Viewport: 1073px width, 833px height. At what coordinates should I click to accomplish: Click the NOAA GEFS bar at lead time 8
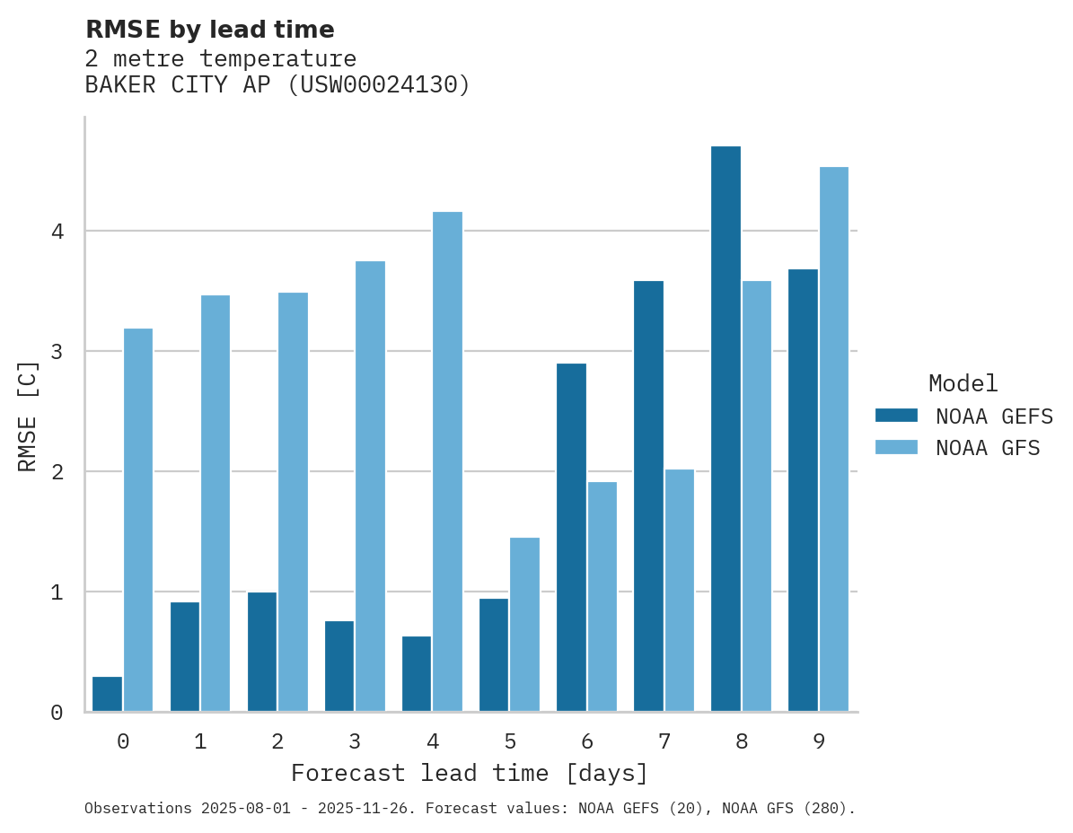(x=726, y=429)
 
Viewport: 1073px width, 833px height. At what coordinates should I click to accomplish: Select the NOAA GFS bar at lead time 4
(x=447, y=461)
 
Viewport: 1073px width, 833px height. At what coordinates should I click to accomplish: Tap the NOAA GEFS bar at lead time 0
(x=107, y=694)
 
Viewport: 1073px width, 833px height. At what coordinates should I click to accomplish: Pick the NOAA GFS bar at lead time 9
(x=833, y=439)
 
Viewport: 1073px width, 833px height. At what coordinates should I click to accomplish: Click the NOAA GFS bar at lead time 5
(x=524, y=625)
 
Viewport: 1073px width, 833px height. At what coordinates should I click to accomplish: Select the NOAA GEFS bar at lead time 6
(x=571, y=537)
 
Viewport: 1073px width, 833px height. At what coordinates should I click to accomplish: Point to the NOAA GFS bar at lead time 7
(x=679, y=590)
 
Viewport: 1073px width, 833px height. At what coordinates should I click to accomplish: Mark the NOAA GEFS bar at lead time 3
(x=339, y=666)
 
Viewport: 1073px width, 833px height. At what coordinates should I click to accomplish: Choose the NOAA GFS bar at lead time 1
(x=215, y=503)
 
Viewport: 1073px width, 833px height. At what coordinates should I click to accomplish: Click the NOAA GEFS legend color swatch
(x=896, y=416)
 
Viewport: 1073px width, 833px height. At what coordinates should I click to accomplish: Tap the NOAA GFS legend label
(x=988, y=448)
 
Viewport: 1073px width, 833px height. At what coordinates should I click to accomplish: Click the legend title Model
(x=963, y=383)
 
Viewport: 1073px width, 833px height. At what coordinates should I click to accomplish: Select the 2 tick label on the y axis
(x=57, y=472)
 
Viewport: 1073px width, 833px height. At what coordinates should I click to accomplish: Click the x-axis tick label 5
(x=510, y=741)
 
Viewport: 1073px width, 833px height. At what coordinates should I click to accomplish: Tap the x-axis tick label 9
(x=819, y=741)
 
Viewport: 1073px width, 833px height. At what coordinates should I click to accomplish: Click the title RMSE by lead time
(x=209, y=30)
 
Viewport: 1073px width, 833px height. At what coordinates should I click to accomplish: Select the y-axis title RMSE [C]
(x=29, y=416)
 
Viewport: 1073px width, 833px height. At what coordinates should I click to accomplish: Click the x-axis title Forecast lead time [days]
(x=469, y=773)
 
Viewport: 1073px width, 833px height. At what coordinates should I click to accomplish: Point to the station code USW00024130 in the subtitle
(x=376, y=85)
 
